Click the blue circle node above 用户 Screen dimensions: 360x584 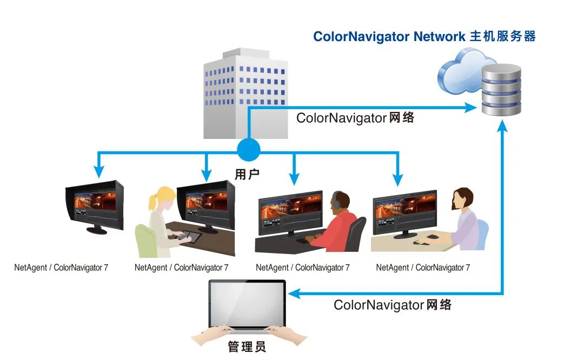point(248,149)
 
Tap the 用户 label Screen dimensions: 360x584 point(247,174)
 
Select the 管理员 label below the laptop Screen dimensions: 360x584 point(247,346)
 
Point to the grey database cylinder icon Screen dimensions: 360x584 point(501,89)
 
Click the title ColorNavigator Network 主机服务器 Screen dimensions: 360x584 point(424,37)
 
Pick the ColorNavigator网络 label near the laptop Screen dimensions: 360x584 point(393,305)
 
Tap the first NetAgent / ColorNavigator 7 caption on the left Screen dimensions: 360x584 point(61,268)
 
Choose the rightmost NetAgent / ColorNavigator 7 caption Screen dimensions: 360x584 point(423,268)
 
